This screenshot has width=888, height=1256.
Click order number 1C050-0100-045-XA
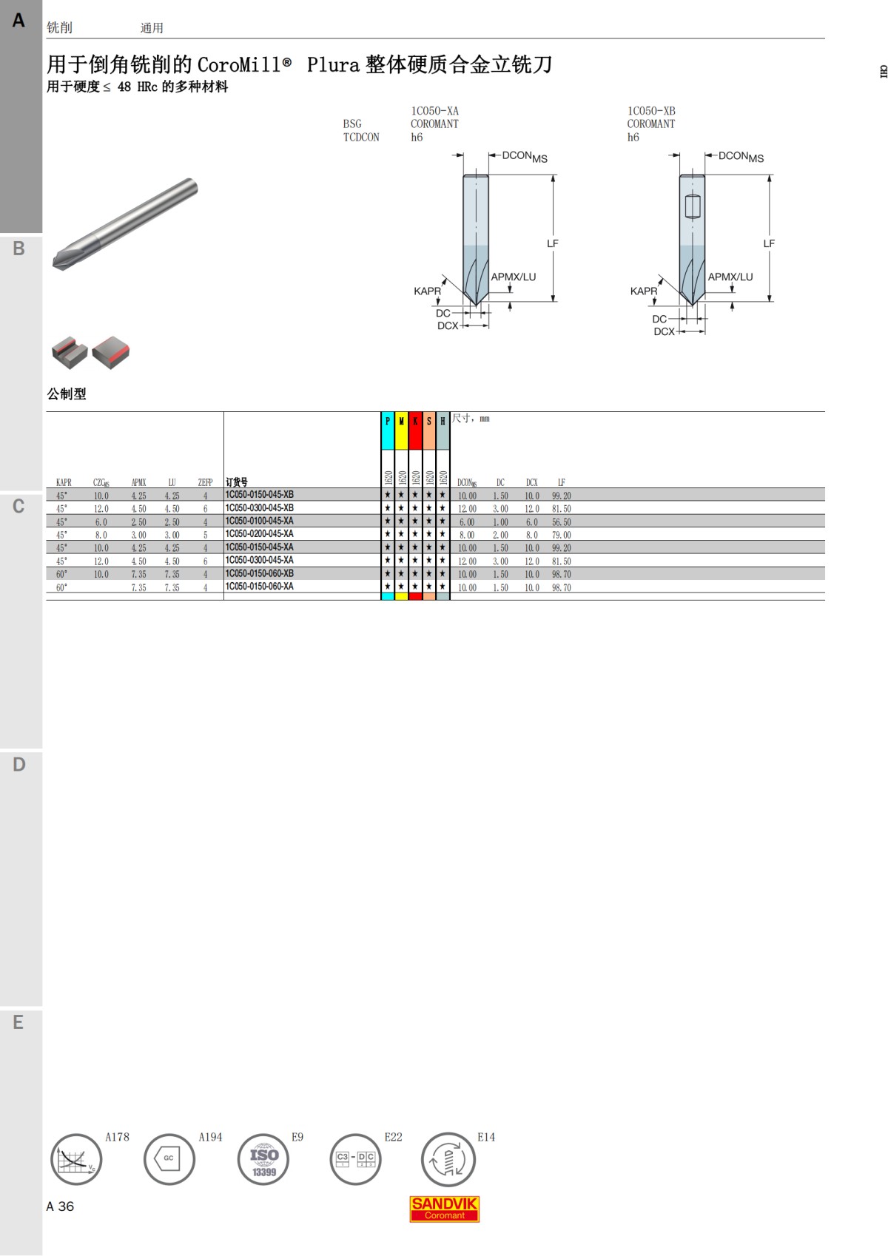tap(259, 521)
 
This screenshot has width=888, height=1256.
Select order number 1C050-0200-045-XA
tap(259, 534)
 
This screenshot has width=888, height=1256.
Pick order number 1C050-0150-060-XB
tap(259, 574)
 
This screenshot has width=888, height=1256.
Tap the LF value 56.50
tap(561, 522)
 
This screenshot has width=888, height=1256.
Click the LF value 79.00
tap(561, 535)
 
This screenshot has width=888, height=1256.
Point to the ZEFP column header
tap(205, 482)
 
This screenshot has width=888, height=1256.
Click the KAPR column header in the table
tap(64, 482)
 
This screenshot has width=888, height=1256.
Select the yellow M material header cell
tap(401, 431)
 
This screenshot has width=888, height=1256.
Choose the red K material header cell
tap(415, 431)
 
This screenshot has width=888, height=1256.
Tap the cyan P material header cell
tap(388, 431)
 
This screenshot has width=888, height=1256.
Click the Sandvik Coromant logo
tap(444, 1209)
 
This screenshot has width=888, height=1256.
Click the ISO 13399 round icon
tap(263, 1159)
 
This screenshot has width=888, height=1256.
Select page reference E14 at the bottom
tap(485, 1137)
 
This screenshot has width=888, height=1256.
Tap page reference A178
tap(117, 1137)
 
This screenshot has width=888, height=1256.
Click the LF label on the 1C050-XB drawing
tap(769, 243)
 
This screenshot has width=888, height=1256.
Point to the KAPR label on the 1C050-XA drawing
tap(427, 291)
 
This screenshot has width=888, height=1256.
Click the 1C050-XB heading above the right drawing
tap(651, 111)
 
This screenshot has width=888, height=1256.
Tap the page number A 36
tap(60, 1206)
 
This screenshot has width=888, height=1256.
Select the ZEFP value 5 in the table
tap(205, 535)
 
